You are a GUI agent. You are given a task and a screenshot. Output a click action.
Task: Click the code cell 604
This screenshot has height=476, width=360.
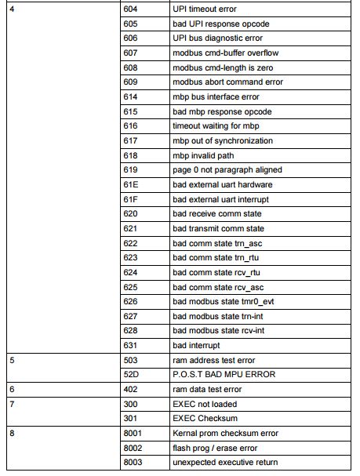click(130, 9)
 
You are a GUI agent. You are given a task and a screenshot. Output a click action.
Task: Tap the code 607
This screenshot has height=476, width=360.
click(130, 53)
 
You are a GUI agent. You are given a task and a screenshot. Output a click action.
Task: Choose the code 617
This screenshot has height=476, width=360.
click(130, 140)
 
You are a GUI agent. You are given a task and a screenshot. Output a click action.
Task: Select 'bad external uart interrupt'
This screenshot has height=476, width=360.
click(221, 199)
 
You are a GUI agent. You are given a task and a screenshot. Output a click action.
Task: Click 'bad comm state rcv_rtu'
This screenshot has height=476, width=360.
click(215, 272)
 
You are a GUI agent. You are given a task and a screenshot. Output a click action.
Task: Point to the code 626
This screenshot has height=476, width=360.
click(130, 301)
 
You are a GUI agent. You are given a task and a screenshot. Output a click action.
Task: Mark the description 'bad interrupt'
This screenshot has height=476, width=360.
click(195, 345)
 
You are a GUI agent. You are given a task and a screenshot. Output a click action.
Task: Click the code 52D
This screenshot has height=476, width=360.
click(131, 375)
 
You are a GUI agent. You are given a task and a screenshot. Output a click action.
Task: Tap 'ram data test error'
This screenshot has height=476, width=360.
click(206, 389)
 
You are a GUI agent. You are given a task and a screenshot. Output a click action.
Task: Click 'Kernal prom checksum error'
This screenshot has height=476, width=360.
click(224, 433)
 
